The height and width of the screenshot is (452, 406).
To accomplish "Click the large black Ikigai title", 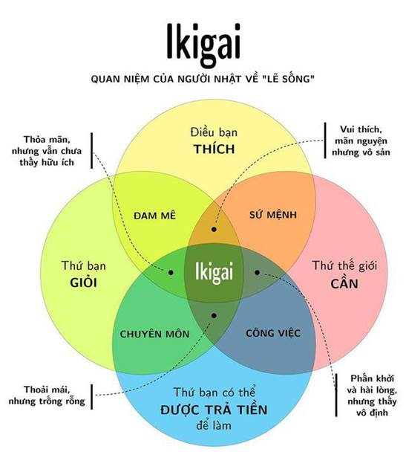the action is tap(203, 45).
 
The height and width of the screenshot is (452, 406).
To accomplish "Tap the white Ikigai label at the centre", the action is tap(214, 272).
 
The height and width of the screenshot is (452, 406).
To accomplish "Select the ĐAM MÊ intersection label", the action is tap(154, 216).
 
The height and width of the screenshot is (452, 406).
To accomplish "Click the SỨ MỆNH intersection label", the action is tap(273, 214).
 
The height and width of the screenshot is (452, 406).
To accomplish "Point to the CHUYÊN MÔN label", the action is tap(154, 334).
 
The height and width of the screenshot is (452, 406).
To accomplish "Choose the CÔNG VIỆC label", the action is tap(273, 333).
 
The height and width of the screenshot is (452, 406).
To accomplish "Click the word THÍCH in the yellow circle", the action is tap(214, 149).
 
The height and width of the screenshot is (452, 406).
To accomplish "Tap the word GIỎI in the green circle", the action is tap(83, 282).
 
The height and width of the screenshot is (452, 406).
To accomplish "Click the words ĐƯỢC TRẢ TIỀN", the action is tap(214, 410).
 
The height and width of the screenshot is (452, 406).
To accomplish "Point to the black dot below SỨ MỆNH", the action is tap(214, 230).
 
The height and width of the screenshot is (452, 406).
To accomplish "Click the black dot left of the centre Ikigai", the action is tap(171, 272).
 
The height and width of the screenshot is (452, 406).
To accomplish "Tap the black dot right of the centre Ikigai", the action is tap(258, 272).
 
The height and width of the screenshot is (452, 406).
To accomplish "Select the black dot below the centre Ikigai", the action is tap(214, 316).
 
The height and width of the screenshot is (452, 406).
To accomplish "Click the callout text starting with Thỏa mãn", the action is tap(47, 151).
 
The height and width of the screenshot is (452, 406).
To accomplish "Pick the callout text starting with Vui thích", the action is tap(361, 141).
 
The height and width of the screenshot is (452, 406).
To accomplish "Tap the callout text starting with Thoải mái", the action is tap(47, 395).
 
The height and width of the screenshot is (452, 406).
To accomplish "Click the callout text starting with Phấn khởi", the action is tap(372, 395).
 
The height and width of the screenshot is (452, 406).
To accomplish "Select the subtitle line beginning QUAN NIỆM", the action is tap(203, 78).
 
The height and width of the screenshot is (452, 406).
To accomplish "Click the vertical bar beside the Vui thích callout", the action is tap(325, 141).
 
